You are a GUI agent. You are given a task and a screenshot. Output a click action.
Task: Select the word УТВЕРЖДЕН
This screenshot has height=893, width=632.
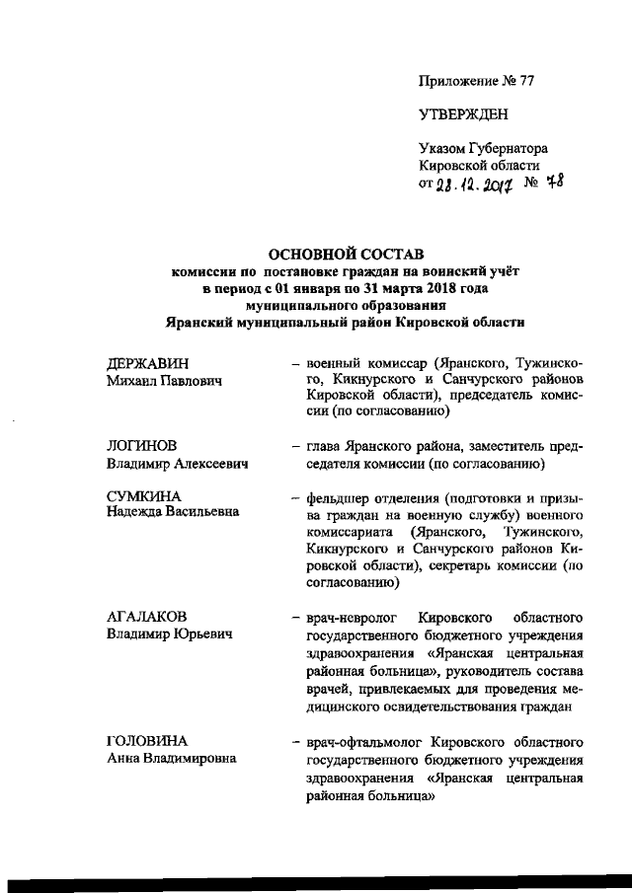tap(464, 114)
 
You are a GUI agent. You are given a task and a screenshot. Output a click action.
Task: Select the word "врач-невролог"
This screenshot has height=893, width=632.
tap(347, 617)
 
